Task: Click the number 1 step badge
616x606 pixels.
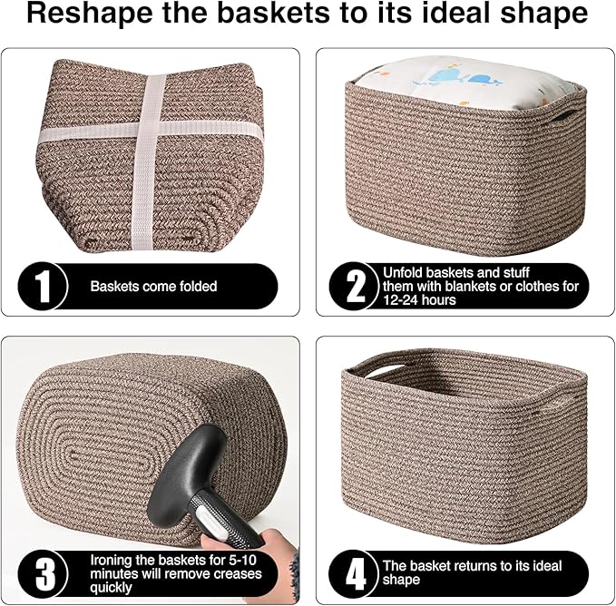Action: [42, 286]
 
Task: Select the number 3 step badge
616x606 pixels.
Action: [42, 573]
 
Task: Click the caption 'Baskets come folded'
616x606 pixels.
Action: [153, 287]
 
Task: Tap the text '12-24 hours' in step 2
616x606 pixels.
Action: [419, 300]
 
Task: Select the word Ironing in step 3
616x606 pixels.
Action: [113, 560]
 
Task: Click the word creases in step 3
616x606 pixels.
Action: [240, 573]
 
